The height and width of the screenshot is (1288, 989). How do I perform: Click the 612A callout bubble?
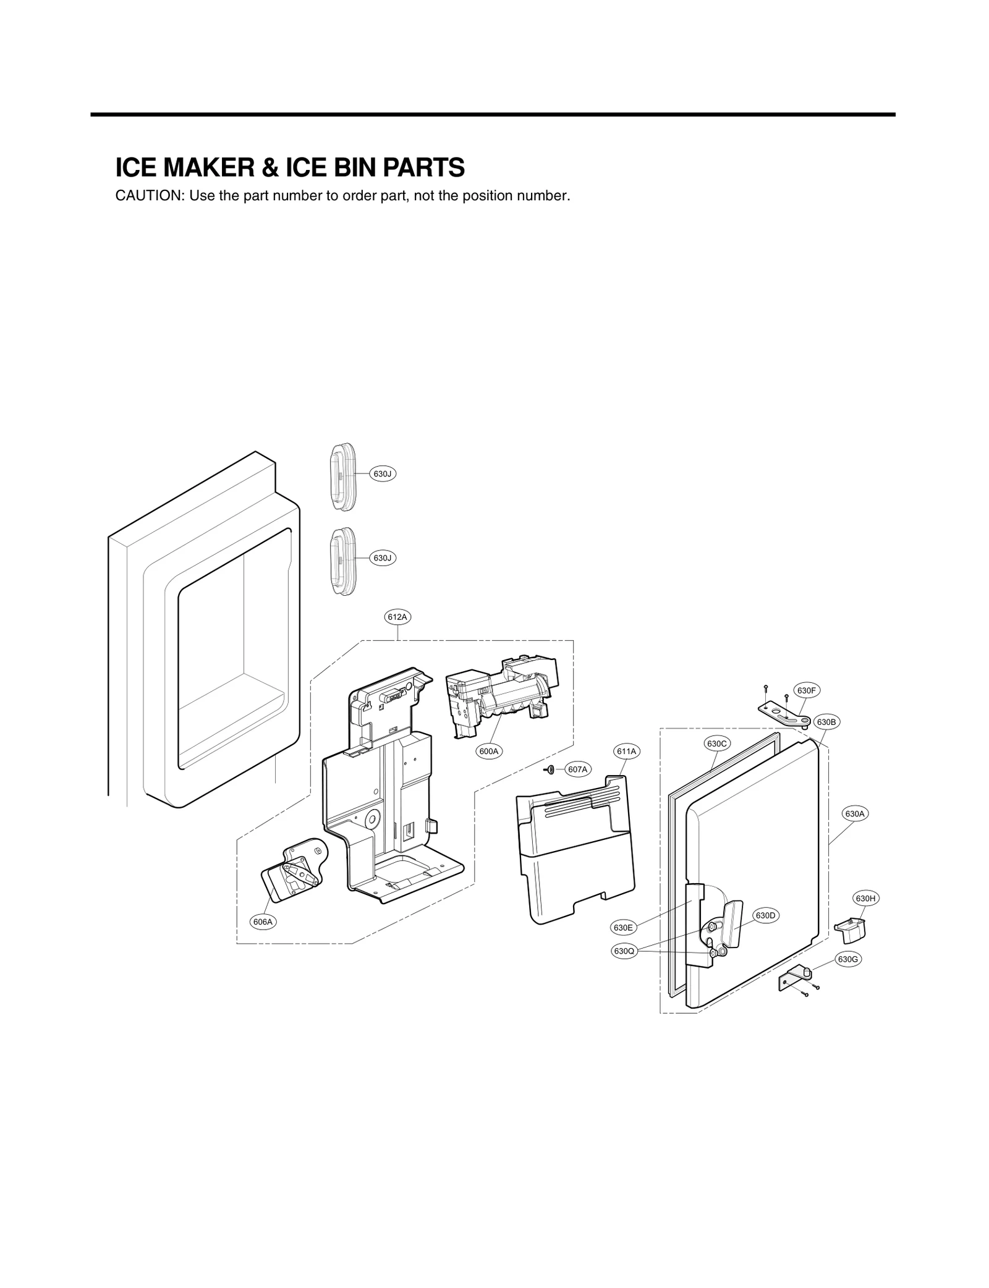[397, 617]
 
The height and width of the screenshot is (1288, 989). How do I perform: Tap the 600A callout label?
[489, 751]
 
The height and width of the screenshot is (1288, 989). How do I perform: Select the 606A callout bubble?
[263, 922]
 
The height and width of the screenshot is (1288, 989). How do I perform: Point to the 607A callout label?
[577, 769]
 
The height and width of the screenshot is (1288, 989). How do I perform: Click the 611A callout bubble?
[627, 752]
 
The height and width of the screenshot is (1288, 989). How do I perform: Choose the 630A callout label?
[855, 814]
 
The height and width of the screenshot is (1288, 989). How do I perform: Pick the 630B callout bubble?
[826, 722]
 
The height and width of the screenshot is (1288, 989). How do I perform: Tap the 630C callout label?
[717, 744]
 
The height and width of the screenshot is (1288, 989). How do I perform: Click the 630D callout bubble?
[765, 915]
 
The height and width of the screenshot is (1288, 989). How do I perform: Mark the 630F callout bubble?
[807, 690]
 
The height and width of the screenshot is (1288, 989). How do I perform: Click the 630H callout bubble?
[865, 898]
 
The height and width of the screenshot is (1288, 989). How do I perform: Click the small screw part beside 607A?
[550, 769]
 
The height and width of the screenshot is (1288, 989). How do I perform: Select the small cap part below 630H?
[850, 929]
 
